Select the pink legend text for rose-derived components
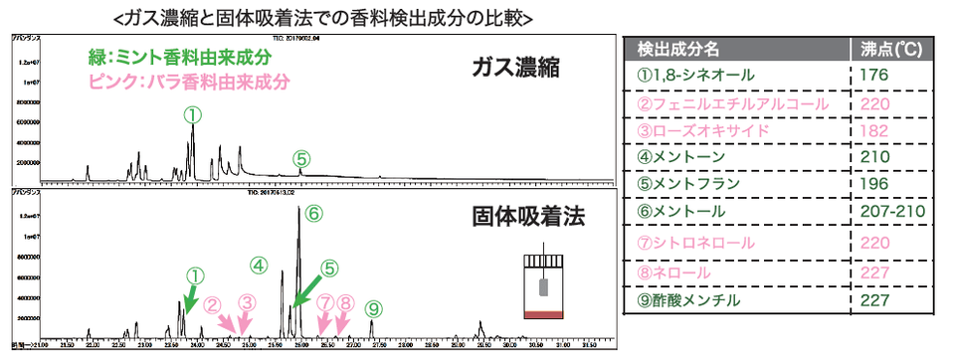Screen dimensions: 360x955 pos(151,80)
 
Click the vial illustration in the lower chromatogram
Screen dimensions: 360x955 pos(543,284)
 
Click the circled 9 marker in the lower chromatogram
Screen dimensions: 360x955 pos(373,308)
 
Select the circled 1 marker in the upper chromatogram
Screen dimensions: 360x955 pos(192,115)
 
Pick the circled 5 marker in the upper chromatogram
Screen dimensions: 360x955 pos(301,158)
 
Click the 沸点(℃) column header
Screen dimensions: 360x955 pos(892,48)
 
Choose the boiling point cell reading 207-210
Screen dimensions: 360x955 pos(893,213)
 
